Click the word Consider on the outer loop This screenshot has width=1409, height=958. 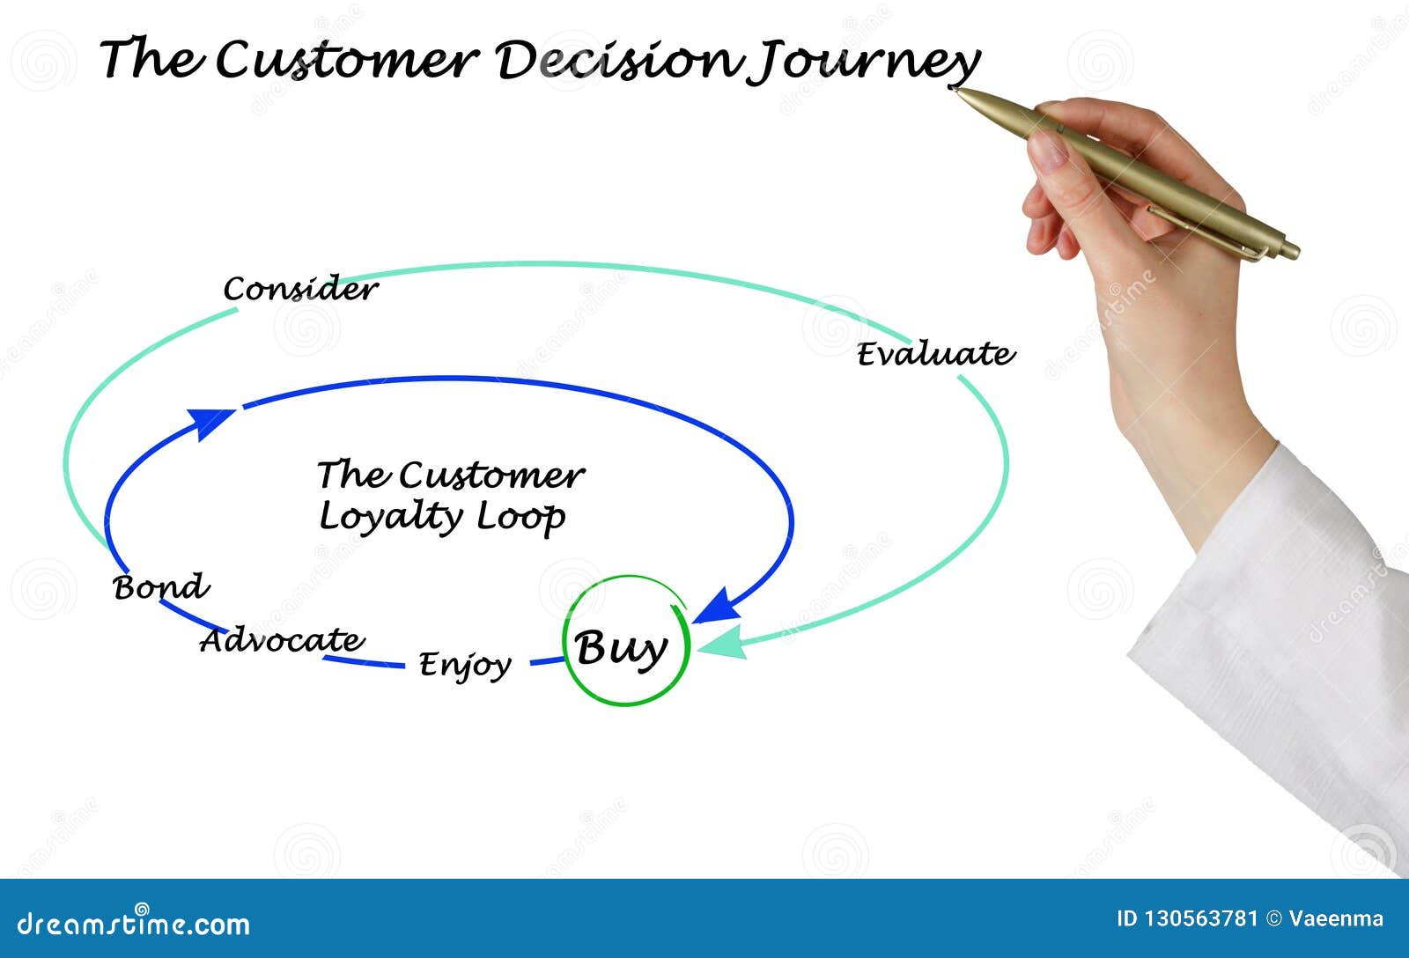point(299,289)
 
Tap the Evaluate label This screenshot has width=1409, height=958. point(935,354)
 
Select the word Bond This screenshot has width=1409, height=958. point(161,586)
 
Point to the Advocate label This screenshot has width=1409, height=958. point(282,639)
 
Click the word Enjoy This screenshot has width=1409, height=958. point(464,665)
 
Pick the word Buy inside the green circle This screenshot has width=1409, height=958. point(622,649)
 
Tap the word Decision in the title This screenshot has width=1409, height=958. point(616,60)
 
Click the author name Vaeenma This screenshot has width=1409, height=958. point(1336,919)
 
